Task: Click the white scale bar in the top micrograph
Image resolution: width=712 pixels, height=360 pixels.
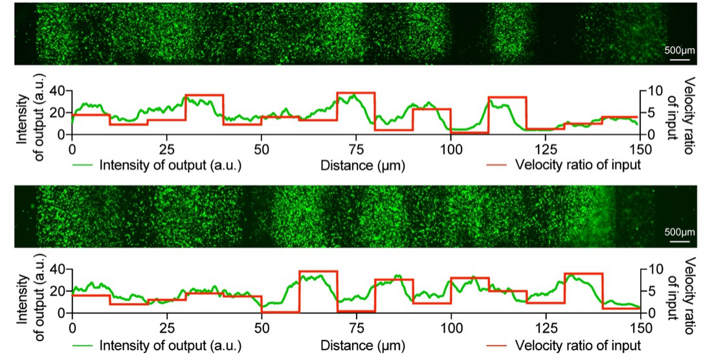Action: pyautogui.click(x=678, y=60)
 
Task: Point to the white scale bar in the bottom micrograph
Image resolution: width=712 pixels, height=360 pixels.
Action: pyautogui.click(x=678, y=242)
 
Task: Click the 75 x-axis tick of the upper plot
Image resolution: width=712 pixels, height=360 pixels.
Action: pyautogui.click(x=356, y=146)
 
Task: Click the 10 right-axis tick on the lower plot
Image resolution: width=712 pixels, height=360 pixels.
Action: pyautogui.click(x=653, y=269)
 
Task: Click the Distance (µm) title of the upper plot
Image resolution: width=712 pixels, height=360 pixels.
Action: pyautogui.click(x=362, y=165)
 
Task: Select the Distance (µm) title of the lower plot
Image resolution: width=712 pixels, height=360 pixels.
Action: pyautogui.click(x=362, y=344)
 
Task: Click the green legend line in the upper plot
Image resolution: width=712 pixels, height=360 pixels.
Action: pyautogui.click(x=83, y=164)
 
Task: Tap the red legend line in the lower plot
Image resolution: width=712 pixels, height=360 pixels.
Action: pyautogui.click(x=498, y=343)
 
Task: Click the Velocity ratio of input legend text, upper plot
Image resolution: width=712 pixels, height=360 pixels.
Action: pyautogui.click(x=578, y=164)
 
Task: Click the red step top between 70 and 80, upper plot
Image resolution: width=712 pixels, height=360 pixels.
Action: pyautogui.click(x=356, y=93)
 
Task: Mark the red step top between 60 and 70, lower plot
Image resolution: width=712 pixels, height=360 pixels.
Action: pyautogui.click(x=318, y=271)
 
